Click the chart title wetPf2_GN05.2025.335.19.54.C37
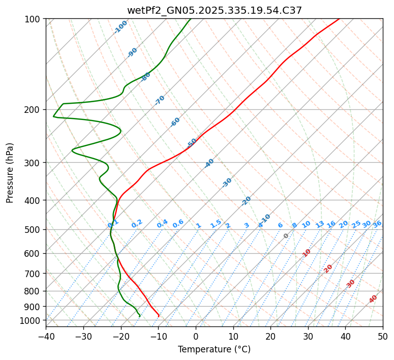coord(214,10)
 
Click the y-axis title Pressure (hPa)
coord(10,172)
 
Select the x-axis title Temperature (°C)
coord(214,349)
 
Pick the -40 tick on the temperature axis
coord(46,336)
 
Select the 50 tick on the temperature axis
coord(383,336)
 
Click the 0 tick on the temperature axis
coord(196,336)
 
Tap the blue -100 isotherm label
coord(120,27)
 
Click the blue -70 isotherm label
coord(160,100)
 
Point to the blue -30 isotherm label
coord(227,183)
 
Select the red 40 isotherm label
coord(373,299)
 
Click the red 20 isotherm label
coord(328,268)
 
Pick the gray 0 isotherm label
coord(286,236)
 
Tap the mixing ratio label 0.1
coord(113,224)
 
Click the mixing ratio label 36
coord(377,224)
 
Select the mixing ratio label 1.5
coord(216,223)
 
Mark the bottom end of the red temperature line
coord(159,316)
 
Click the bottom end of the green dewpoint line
coord(140,316)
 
